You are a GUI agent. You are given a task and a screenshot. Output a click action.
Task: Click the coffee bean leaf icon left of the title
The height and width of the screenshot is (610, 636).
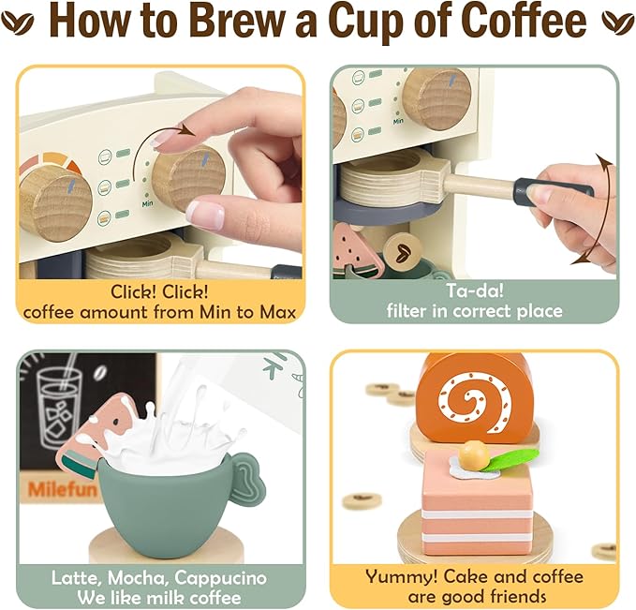21,22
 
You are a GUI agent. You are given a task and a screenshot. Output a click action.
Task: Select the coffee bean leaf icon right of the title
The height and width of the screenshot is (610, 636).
615,20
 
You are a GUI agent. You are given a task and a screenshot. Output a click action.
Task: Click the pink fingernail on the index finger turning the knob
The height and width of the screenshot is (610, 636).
205,214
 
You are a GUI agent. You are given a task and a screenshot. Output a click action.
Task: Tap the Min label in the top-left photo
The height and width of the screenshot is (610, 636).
147,203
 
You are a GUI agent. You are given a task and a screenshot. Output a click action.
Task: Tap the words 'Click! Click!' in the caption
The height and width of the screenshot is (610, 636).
160,291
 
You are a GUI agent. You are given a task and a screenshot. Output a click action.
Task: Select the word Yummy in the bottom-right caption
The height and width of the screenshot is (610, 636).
397,576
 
